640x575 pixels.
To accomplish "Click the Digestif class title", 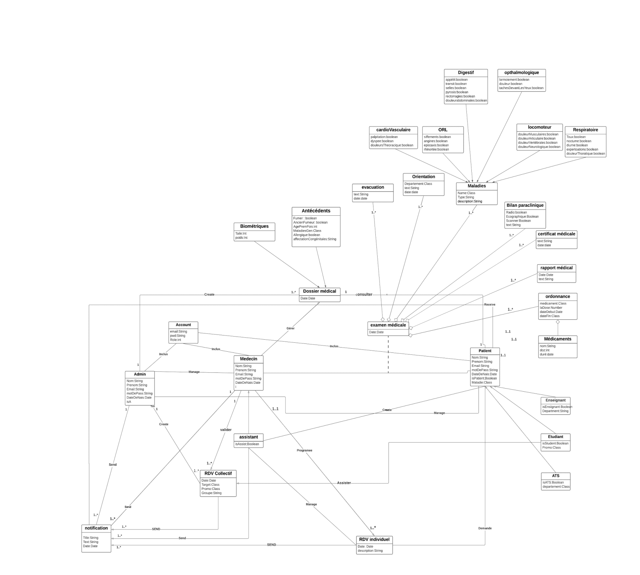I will (466, 73).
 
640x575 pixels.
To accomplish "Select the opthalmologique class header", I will (521, 73).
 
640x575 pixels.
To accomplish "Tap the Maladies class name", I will (477, 186).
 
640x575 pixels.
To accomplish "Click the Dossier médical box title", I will (320, 291).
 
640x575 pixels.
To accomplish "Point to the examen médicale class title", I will (388, 325).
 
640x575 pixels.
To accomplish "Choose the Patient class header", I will (485, 351).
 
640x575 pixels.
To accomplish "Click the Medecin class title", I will (248, 359).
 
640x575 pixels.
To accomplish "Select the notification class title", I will (96, 528).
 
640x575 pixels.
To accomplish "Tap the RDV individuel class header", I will (374, 540).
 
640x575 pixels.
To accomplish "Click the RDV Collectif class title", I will (218, 473).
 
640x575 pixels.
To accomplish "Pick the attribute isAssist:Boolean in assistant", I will (247, 444).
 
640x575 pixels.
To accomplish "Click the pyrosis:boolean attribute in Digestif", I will (457, 92).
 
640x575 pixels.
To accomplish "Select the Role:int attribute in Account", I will (175, 340).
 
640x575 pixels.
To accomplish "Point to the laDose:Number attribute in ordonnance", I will (551, 308).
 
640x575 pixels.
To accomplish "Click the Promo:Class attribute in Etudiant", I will (551, 448).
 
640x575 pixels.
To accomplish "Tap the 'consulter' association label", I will (364, 294).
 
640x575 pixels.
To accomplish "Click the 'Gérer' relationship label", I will (290, 328).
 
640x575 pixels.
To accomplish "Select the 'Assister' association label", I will (344, 483).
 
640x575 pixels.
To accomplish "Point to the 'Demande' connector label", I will (485, 528).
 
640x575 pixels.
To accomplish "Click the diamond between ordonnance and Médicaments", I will (558, 322).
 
